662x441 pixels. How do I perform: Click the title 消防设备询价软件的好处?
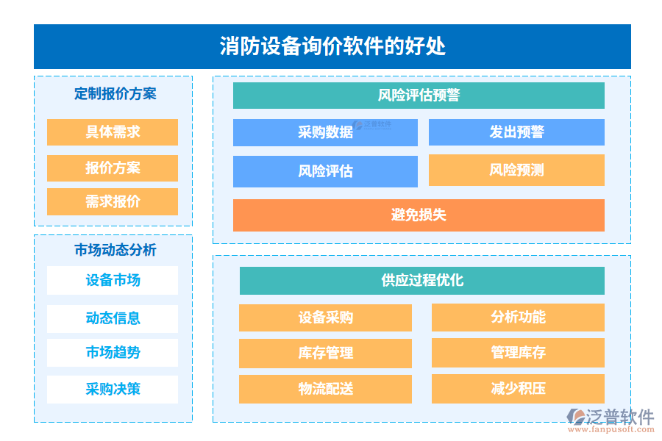click(x=332, y=46)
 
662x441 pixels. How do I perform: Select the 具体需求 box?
click(x=113, y=132)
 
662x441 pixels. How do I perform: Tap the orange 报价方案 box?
click(x=113, y=168)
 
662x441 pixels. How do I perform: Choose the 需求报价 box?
click(x=113, y=201)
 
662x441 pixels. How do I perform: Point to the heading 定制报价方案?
click(x=115, y=94)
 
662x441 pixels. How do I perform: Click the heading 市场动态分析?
click(x=115, y=250)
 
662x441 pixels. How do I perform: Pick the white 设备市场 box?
click(x=113, y=280)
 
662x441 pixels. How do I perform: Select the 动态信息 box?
click(x=113, y=318)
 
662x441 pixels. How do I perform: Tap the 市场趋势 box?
click(x=113, y=352)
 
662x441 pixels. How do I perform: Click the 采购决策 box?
click(x=113, y=389)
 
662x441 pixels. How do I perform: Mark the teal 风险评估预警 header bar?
click(x=419, y=96)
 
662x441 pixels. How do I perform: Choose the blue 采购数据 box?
click(x=325, y=132)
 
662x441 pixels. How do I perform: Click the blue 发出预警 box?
click(x=516, y=132)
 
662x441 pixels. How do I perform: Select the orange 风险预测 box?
click(x=516, y=170)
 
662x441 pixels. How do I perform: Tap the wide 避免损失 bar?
click(x=419, y=215)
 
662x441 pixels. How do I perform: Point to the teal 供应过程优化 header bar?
click(x=422, y=280)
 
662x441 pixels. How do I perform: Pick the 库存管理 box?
click(x=325, y=353)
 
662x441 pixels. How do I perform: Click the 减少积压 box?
click(x=518, y=388)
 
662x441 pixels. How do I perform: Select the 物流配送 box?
click(x=325, y=389)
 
